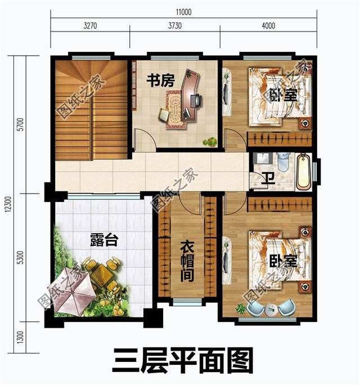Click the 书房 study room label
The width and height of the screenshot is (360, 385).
(161, 81)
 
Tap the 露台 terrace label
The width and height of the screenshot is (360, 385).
(104, 241)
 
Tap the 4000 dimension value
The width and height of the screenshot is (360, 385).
(268, 25)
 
